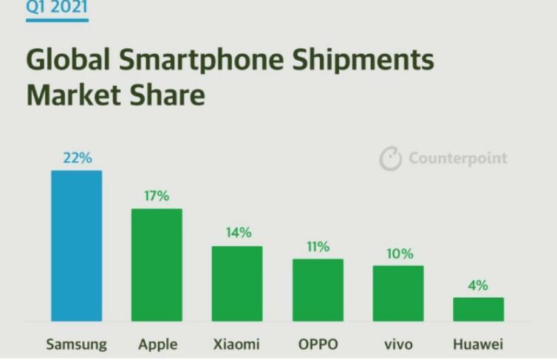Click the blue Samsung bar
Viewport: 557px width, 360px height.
pos(76,246)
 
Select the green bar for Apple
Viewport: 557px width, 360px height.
pos(157,265)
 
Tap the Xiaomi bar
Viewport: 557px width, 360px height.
pos(237,284)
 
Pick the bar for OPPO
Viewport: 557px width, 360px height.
pos(318,291)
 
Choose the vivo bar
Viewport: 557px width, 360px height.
pos(398,293)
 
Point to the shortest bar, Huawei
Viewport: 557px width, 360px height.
pos(479,310)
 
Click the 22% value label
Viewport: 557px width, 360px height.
pos(78,158)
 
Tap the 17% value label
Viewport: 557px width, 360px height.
pos(157,196)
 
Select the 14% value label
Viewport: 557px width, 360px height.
pos(239,233)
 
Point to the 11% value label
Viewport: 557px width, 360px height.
pos(318,247)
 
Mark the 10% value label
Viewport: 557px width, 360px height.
pos(400,254)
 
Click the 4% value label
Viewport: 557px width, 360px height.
pos(478,285)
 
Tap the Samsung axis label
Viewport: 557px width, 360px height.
pos(76,344)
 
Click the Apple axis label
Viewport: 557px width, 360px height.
pos(158,344)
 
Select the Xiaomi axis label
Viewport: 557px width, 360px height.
pos(236,344)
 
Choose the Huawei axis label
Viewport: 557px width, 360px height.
pos(478,344)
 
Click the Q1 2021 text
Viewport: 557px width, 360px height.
pos(57,8)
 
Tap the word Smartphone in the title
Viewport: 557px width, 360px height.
pos(202,60)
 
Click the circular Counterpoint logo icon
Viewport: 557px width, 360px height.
pos(390,158)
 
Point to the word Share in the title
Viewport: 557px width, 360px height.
pos(167,95)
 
